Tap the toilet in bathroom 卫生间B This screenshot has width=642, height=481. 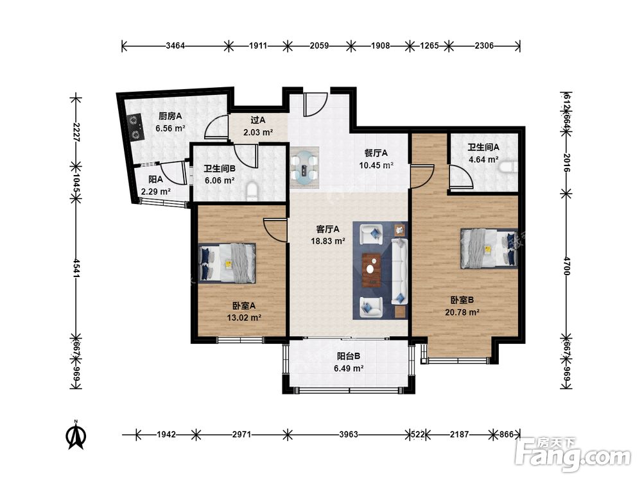[252, 192]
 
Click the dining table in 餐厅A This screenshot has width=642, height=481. [304, 167]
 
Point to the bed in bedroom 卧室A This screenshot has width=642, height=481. [227, 263]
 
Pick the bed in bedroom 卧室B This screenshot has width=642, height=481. [489, 248]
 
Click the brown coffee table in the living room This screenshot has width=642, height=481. [371, 270]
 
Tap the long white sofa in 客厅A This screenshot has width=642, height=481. [399, 271]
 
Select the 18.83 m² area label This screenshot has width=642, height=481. [327, 241]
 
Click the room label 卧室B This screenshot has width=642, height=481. [462, 300]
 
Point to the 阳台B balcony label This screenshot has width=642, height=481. [349, 356]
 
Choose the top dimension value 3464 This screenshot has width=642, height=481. [175, 46]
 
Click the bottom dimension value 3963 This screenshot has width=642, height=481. [349, 434]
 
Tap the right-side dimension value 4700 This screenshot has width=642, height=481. [566, 266]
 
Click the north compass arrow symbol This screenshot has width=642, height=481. [76, 435]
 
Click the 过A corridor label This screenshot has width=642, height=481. [258, 121]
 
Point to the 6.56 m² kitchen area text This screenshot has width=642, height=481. [170, 128]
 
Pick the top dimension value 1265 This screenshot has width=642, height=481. [429, 46]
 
